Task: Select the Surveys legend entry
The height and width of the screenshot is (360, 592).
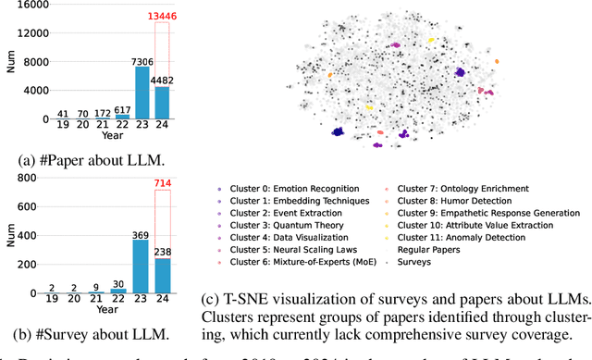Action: (x=414, y=262)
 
